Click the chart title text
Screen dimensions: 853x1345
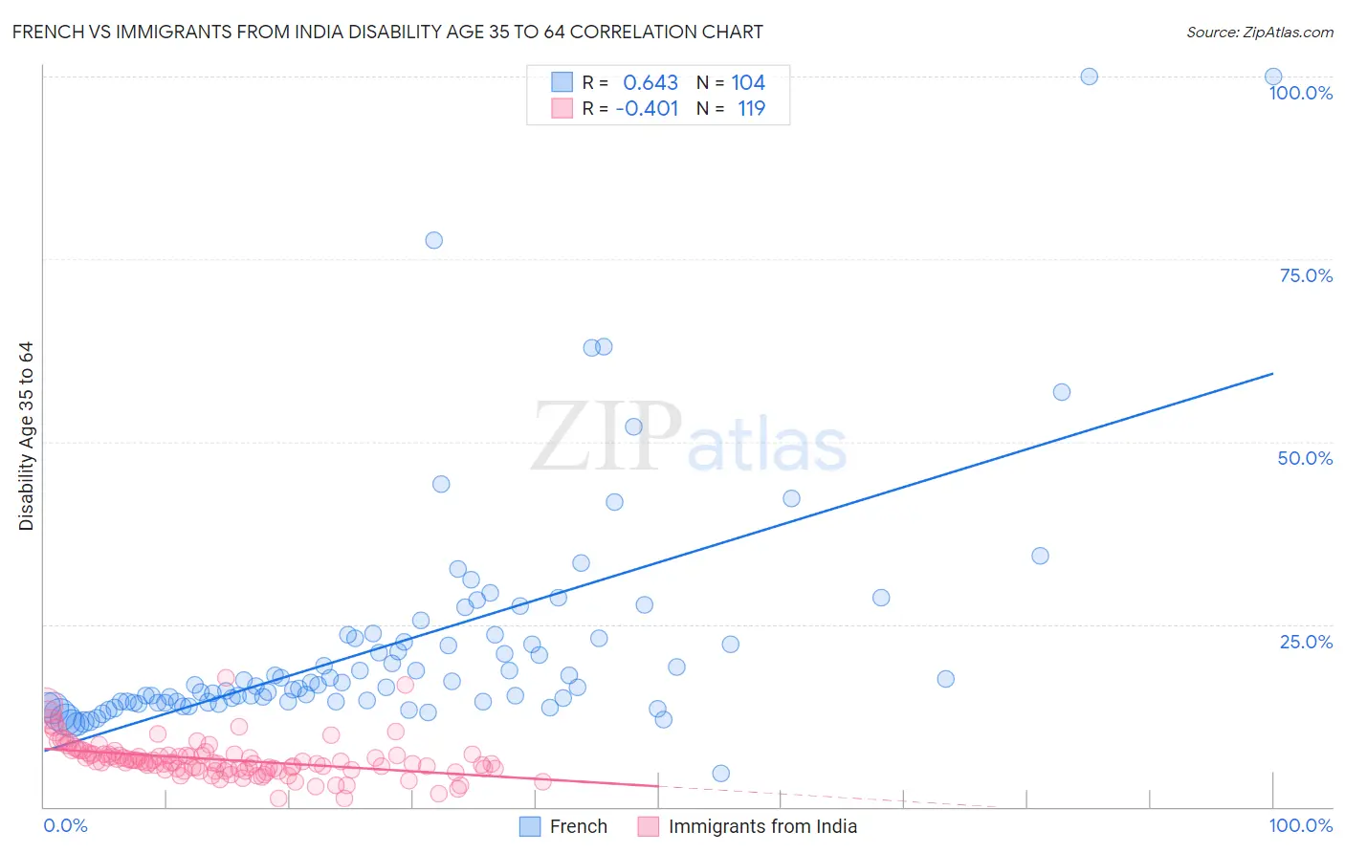coord(387,32)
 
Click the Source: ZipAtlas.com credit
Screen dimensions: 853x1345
coord(1259,32)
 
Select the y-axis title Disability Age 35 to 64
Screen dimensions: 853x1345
coord(26,436)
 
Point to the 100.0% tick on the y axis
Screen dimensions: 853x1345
coord(1300,93)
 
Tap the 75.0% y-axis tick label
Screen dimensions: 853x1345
coord(1306,275)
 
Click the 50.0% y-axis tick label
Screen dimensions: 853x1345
coord(1305,458)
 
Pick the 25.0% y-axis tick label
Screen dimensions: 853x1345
coord(1306,641)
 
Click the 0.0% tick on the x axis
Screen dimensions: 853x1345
coord(65,825)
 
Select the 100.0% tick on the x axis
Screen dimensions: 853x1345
coord(1300,825)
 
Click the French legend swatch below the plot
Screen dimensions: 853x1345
coord(531,826)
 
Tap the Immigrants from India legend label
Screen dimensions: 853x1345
coord(762,826)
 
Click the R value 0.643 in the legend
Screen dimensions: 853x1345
coord(650,83)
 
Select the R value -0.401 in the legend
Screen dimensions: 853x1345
coord(647,108)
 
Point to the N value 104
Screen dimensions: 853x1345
coord(748,83)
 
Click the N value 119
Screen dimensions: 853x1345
coord(751,108)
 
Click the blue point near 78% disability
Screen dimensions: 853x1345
coord(433,240)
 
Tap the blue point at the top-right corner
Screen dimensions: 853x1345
coord(1273,77)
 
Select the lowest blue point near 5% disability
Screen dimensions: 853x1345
coord(721,774)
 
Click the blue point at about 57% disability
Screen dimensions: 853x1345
coord(1061,392)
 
